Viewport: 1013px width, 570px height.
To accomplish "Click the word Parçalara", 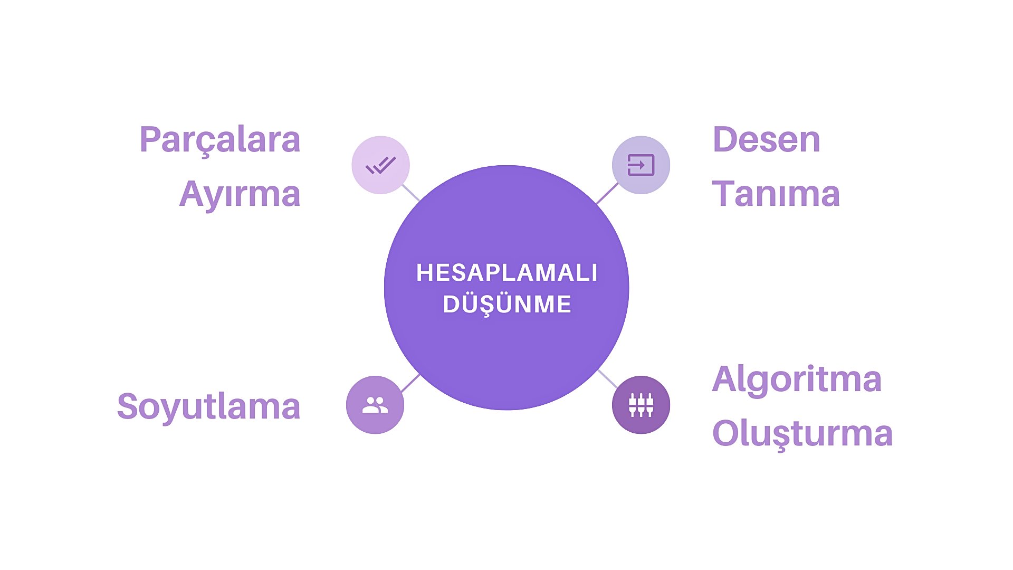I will coord(219,140).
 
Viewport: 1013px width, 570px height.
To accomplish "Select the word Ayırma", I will coord(240,194).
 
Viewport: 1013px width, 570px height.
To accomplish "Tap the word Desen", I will coord(766,140).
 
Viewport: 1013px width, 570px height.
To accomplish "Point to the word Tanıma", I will coord(776,194).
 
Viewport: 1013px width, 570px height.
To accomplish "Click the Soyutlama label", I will coord(208,406).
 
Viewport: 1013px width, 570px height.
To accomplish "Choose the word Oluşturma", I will coord(802,433).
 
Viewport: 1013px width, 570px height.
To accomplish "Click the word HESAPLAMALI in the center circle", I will coord(506,273).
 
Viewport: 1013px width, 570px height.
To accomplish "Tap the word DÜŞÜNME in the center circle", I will coord(507,305).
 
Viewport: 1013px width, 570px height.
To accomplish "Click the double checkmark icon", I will coord(380,165).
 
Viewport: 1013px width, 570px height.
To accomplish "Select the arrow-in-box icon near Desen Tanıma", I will coord(641,165).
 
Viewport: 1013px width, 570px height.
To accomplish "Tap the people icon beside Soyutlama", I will coord(375,405).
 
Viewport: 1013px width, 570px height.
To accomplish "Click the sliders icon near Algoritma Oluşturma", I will coord(641,405).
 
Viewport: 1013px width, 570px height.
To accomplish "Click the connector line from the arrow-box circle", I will coord(607,194).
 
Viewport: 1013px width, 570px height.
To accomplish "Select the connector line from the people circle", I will coord(410,383).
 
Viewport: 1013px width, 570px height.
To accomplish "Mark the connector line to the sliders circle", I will coord(608,379).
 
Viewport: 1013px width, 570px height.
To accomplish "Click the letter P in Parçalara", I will coord(149,140).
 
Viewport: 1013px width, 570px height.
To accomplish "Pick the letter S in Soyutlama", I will coord(128,406).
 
